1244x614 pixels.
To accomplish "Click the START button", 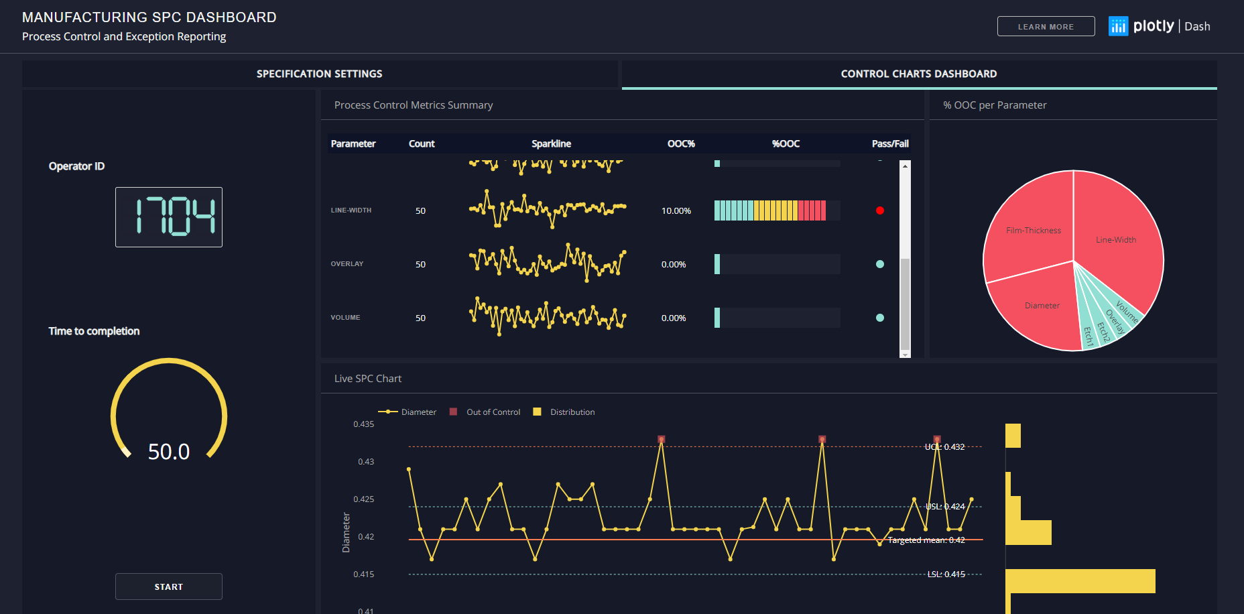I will (168, 587).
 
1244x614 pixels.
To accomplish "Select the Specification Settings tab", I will (319, 74).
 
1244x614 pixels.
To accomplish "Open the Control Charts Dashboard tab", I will (918, 74).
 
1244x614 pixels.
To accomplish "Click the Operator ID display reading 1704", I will (169, 217).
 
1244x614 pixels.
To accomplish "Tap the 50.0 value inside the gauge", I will (169, 452).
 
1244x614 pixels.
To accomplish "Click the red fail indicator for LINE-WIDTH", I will (879, 210).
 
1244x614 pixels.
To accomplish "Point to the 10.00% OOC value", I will (676, 210).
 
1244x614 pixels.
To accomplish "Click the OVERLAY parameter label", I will (347, 264).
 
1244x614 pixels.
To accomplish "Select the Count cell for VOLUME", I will (420, 318).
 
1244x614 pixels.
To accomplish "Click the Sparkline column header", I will (551, 143).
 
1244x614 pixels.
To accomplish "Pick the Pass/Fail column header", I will (889, 143).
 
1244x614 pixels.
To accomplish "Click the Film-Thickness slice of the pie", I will (1033, 230).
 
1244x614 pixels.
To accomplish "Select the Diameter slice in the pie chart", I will (1042, 306).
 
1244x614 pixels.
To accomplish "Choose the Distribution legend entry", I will (572, 412).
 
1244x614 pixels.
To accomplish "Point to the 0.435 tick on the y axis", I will (364, 424).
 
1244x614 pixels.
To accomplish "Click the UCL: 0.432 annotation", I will (944, 446).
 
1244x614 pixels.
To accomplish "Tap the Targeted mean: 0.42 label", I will (926, 540).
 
